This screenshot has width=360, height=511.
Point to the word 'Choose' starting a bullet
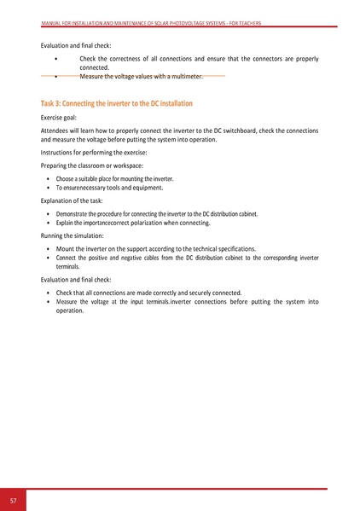coord(67,179)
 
